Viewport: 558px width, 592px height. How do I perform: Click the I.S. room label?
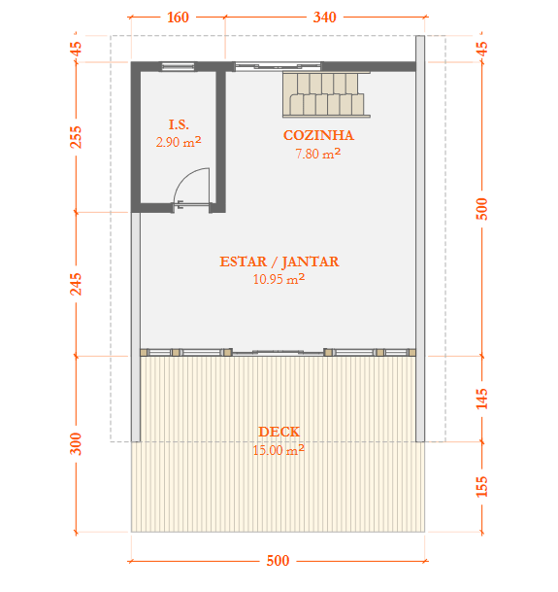pyautogui.click(x=179, y=124)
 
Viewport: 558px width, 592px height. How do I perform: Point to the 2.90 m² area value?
pyautogui.click(x=179, y=142)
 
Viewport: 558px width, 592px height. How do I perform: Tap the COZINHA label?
pyautogui.click(x=318, y=135)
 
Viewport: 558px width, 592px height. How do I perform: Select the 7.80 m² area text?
pyautogui.click(x=318, y=154)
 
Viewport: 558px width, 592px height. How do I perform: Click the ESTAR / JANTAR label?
pyautogui.click(x=279, y=261)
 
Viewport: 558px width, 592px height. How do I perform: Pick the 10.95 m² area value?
pyautogui.click(x=279, y=279)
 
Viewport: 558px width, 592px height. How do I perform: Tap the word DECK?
pyautogui.click(x=279, y=432)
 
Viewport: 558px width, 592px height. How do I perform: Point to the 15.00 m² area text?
pyautogui.click(x=279, y=450)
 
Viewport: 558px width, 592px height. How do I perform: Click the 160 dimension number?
pyautogui.click(x=178, y=17)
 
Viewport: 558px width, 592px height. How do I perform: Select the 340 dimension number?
pyautogui.click(x=325, y=17)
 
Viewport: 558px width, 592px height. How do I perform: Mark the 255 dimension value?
pyautogui.click(x=76, y=137)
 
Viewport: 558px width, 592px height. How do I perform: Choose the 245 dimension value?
pyautogui.click(x=76, y=284)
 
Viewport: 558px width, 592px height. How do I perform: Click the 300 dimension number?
pyautogui.click(x=76, y=444)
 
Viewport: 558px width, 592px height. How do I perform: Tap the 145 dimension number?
pyautogui.click(x=482, y=399)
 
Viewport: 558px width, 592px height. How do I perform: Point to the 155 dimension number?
pyautogui.click(x=482, y=486)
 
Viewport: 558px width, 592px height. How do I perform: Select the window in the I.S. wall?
pyautogui.click(x=179, y=67)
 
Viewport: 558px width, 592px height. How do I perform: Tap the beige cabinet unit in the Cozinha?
pyautogui.click(x=326, y=94)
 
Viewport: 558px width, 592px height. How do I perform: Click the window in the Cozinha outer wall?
pyautogui.click(x=278, y=66)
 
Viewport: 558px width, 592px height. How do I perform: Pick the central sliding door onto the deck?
pyautogui.click(x=279, y=352)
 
